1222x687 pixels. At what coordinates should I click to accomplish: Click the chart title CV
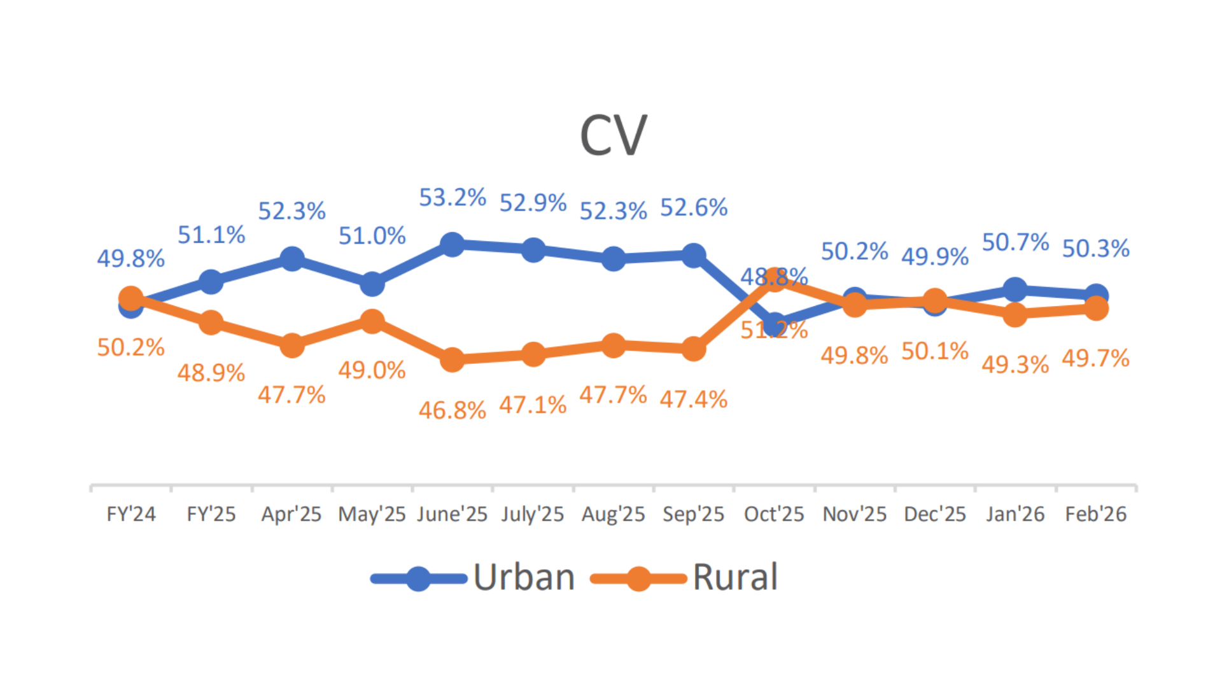613,135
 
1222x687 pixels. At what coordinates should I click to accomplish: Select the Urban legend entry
473,578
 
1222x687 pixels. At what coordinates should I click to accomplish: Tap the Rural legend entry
684,578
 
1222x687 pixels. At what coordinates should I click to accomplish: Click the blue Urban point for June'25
452,244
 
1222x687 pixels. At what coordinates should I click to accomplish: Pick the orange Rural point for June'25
452,359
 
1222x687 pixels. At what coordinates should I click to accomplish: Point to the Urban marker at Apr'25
291,259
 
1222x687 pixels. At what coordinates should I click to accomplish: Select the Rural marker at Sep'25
693,349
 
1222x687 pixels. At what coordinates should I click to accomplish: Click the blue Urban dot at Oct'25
774,326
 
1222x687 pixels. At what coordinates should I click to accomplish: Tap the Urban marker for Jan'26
1015,290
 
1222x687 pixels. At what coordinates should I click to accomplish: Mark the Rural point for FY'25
211,323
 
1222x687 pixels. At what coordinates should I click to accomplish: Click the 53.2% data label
452,198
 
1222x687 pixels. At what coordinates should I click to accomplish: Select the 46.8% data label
452,410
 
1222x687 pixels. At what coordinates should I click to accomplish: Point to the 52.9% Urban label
533,203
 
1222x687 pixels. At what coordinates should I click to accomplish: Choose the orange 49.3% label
1015,364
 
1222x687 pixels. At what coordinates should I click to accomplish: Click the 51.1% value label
211,235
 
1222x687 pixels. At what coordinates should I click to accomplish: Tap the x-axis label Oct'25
774,514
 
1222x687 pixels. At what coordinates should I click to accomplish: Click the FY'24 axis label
130,514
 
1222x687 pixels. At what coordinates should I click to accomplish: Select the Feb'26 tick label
1095,514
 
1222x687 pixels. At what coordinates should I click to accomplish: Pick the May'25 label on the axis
372,514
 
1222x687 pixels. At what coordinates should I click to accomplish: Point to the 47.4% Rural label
693,399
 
